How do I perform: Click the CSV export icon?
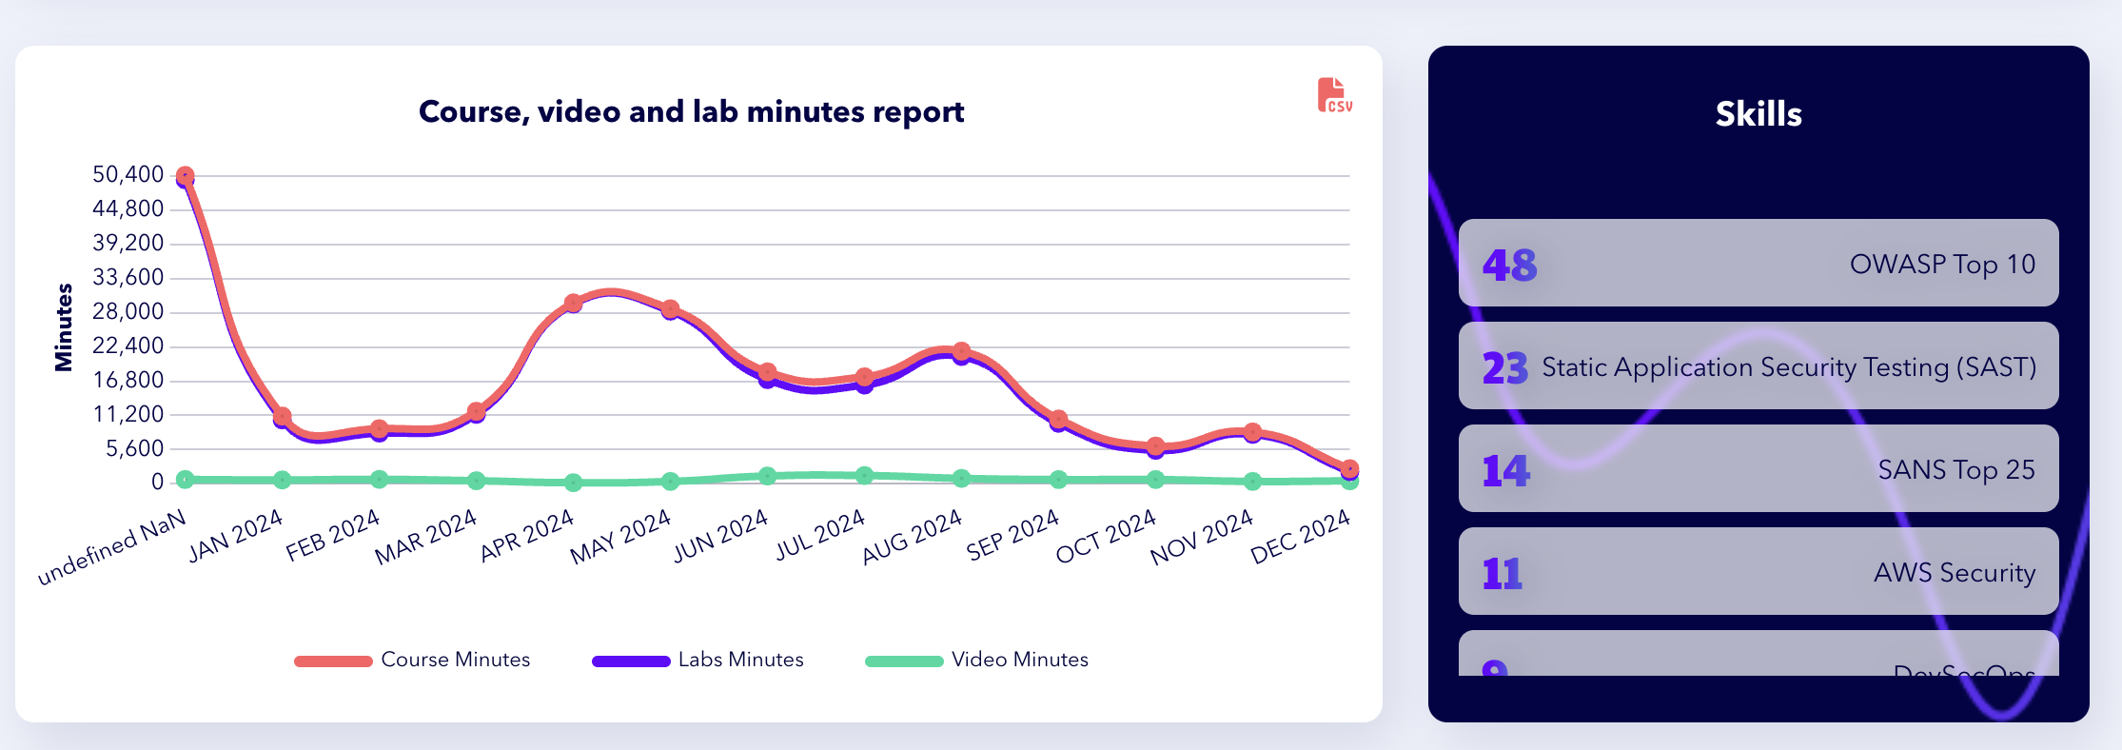point(1334,95)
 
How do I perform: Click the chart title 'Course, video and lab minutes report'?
point(691,112)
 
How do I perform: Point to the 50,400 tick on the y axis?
point(128,174)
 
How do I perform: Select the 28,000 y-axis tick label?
point(128,311)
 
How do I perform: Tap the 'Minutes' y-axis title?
point(64,326)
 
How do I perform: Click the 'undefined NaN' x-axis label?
point(112,547)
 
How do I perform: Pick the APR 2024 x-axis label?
point(527,535)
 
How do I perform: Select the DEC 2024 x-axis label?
point(1300,536)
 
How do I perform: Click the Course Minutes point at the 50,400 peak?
point(185,176)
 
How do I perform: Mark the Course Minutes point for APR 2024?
point(573,304)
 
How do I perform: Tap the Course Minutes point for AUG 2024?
point(961,351)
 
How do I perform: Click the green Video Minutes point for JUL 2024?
point(864,475)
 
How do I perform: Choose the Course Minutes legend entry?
point(413,660)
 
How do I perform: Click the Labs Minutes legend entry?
point(698,660)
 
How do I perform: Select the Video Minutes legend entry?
point(976,660)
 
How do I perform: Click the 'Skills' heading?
point(1758,114)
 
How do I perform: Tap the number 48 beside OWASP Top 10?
point(1509,265)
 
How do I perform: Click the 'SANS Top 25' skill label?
point(1955,469)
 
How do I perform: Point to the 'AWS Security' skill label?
point(1954,572)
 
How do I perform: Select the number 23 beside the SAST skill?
point(1504,367)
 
